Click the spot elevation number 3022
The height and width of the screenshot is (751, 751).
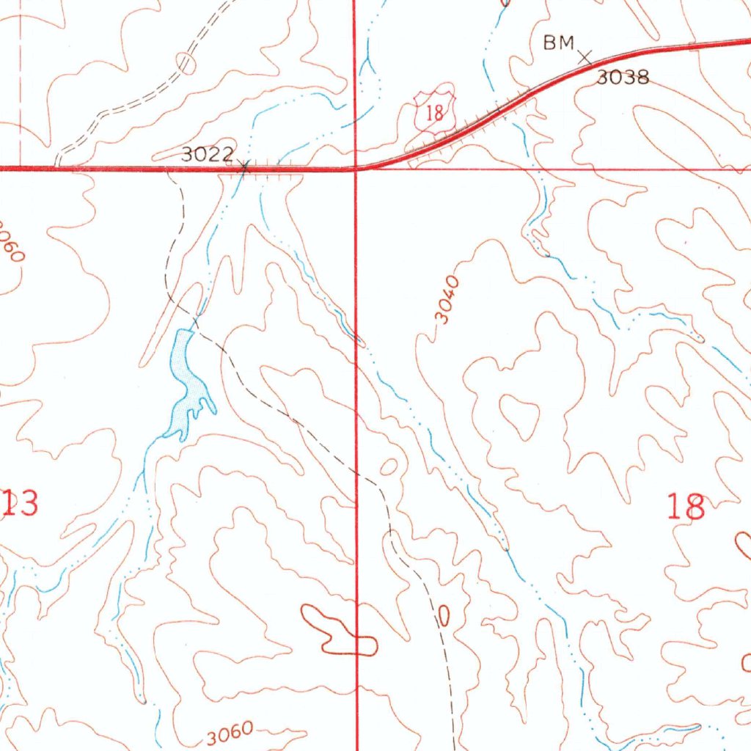(208, 155)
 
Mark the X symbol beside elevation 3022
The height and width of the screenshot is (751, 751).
(245, 168)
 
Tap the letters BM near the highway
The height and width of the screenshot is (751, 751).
(557, 44)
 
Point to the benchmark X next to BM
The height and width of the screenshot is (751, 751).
(585, 56)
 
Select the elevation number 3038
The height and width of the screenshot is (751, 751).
(622, 77)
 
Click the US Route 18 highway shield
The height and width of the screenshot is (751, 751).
(435, 112)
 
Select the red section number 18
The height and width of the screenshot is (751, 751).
(686, 507)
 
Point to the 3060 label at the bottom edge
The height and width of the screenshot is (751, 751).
(230, 733)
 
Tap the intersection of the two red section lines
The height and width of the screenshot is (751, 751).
(355, 168)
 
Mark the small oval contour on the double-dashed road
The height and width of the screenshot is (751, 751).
(187, 63)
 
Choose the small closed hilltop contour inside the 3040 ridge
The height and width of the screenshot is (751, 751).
(520, 416)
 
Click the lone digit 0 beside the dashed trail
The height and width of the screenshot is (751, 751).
(443, 616)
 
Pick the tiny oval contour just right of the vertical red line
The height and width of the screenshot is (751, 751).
(388, 466)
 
